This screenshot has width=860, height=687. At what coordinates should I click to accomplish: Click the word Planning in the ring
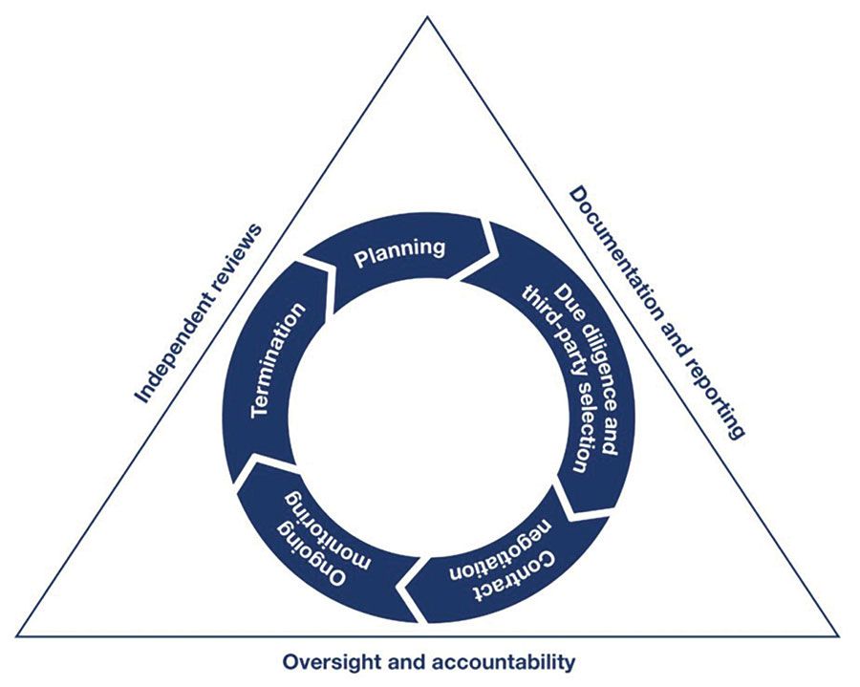click(x=399, y=250)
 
